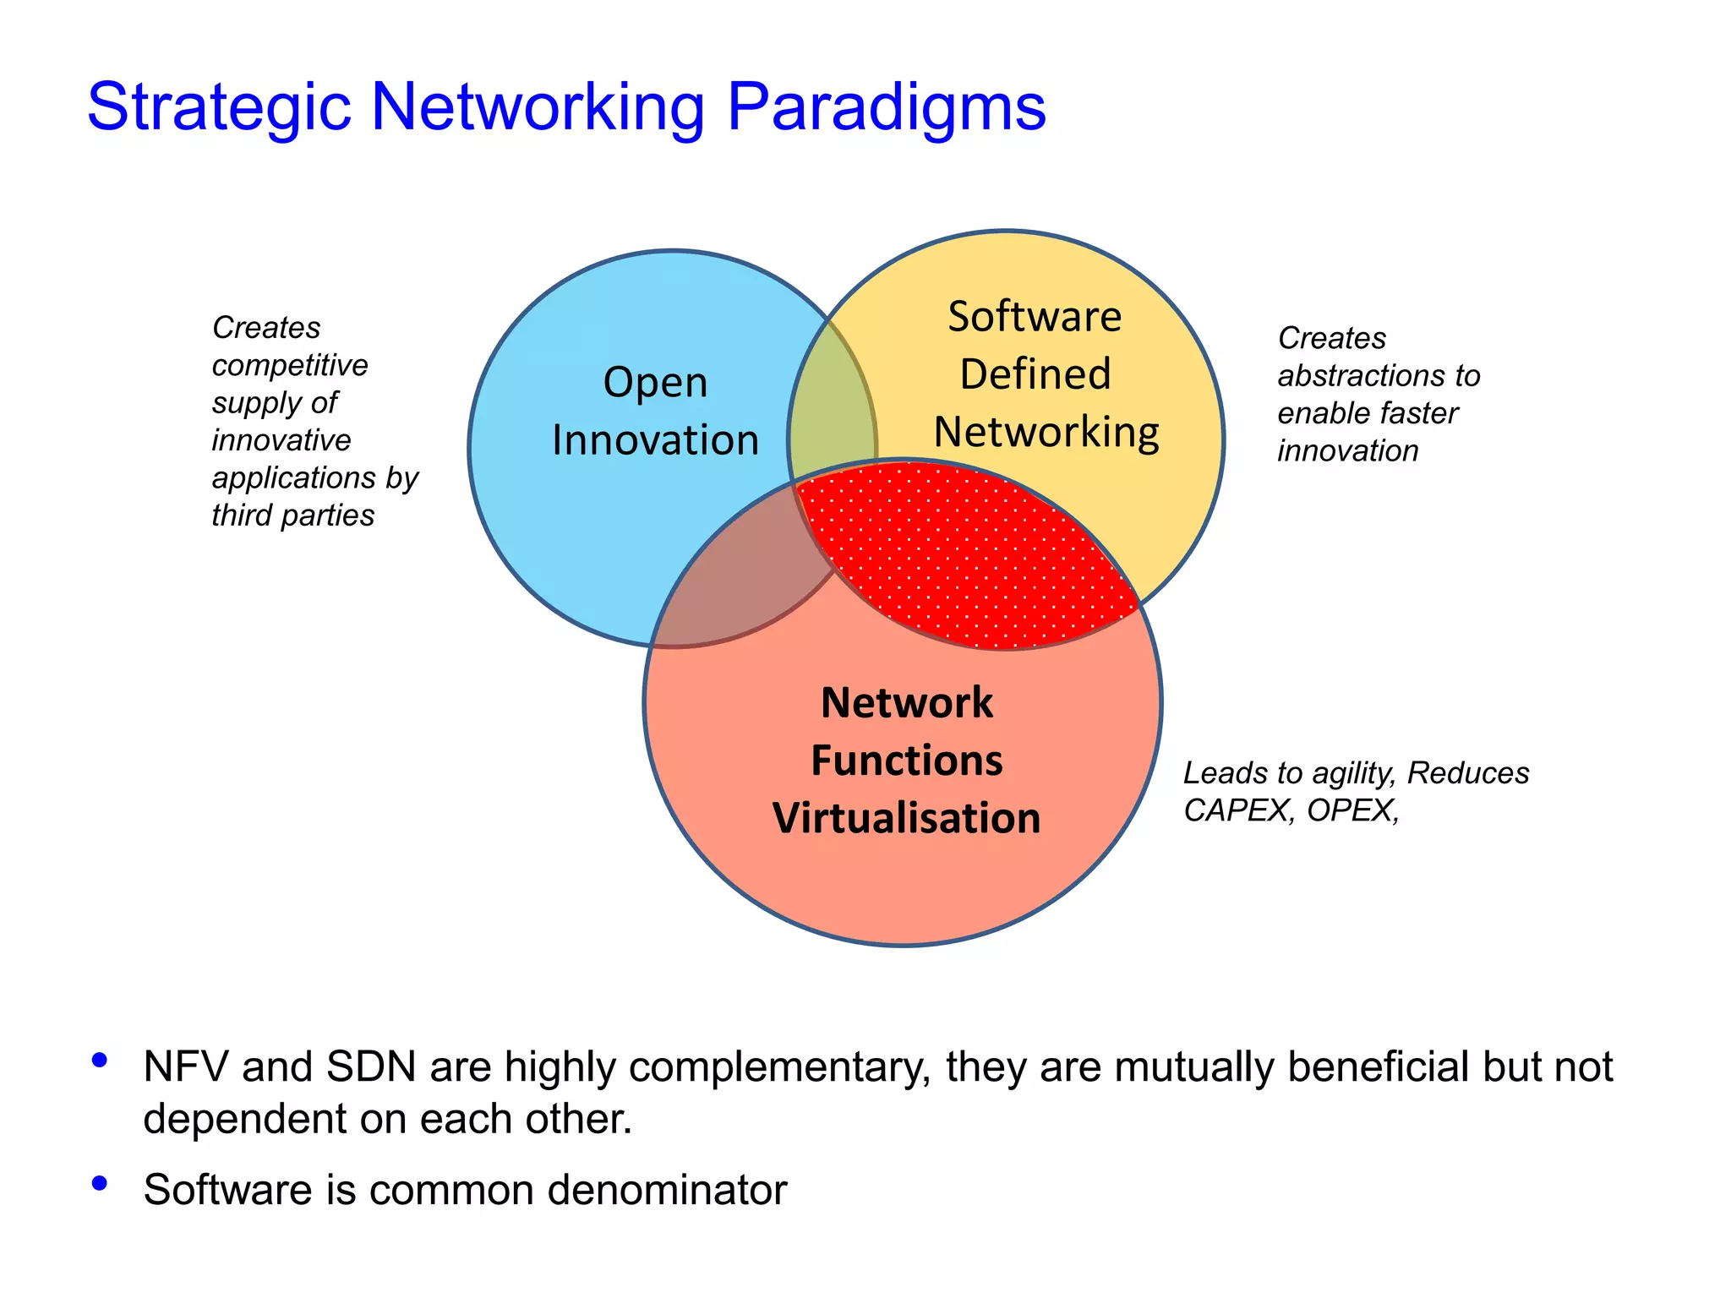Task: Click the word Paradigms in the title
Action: click(x=886, y=108)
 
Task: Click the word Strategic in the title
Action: click(x=218, y=108)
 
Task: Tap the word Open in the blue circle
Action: click(x=655, y=383)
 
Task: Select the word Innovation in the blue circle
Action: click(x=655, y=440)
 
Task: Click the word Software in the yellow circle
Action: click(x=1035, y=317)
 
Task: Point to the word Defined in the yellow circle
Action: click(x=1035, y=374)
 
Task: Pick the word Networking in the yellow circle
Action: click(x=1046, y=433)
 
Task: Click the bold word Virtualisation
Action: click(x=906, y=818)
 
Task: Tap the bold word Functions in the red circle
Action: click(x=906, y=760)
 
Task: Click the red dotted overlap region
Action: click(x=964, y=558)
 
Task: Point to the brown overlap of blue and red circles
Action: click(x=735, y=592)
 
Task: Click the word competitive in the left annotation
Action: click(x=290, y=366)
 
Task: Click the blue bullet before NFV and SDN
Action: click(x=100, y=1060)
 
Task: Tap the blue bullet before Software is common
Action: click(x=100, y=1183)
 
